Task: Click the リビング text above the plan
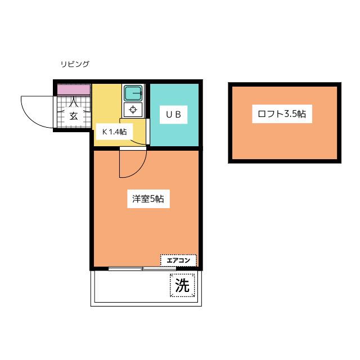pos(75,64)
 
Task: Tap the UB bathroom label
pos(174,115)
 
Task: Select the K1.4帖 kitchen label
pos(114,132)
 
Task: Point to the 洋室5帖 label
pos(148,199)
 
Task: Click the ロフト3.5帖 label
pos(282,114)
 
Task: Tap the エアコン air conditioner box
pos(178,260)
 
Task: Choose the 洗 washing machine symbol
pos(182,285)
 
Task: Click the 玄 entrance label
pos(74,116)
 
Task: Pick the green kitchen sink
pos(133,93)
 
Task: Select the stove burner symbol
pos(133,110)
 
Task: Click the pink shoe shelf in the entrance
pos(74,89)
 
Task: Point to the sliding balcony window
pos(142,269)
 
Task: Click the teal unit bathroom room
pos(174,115)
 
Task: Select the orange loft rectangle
pos(285,123)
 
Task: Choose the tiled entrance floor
pos(74,111)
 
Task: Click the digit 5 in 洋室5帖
pos(152,199)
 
